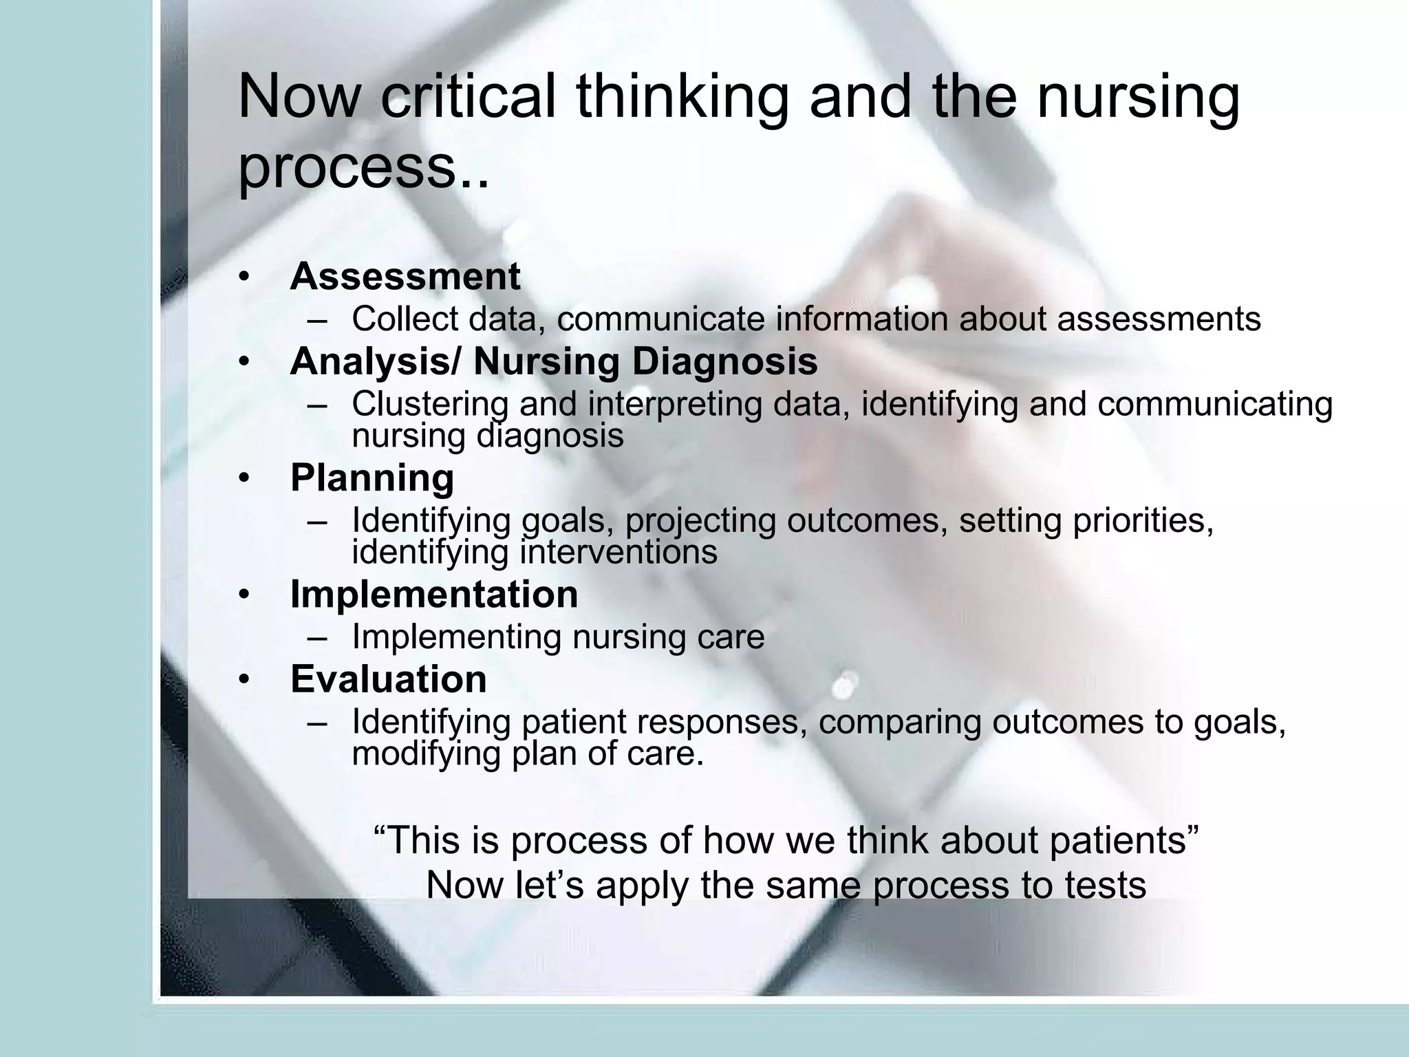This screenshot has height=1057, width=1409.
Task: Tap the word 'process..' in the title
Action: coord(363,169)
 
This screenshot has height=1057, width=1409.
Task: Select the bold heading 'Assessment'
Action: coord(405,277)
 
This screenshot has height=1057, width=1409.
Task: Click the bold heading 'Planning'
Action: coord(372,478)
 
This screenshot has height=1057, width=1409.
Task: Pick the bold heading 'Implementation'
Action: coord(433,594)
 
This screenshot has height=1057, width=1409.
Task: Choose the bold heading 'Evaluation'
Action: coord(388,679)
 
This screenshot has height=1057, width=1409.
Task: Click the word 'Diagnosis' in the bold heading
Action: coord(724,361)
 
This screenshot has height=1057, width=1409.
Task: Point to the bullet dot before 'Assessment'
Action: coord(242,278)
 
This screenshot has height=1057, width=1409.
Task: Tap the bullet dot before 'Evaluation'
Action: coord(242,681)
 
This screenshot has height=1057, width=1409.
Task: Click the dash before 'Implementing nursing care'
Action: coord(318,637)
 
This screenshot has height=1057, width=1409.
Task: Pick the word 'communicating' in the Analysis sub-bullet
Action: coord(1215,404)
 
